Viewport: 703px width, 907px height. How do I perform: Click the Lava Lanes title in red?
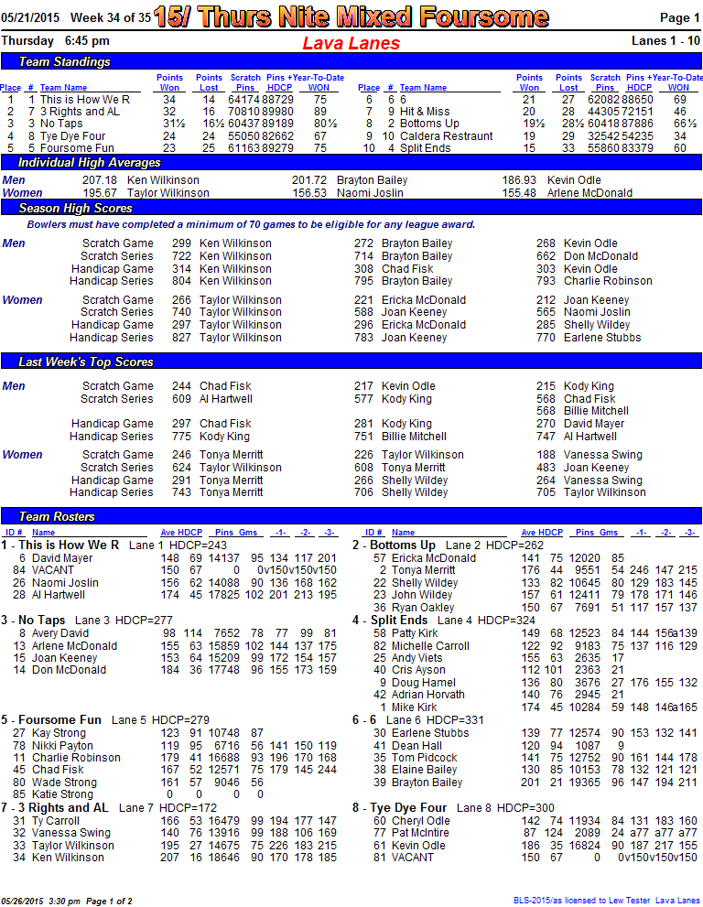pyautogui.click(x=351, y=43)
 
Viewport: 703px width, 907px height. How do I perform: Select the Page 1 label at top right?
pyautogui.click(x=680, y=17)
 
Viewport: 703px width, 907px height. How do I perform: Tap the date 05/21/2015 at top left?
pyautogui.click(x=30, y=17)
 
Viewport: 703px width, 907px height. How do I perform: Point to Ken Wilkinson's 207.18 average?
pyautogui.click(x=100, y=180)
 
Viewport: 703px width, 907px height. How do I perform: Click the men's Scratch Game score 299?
pyautogui.click(x=181, y=243)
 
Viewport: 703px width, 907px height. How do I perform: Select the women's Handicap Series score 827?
pyautogui.click(x=181, y=338)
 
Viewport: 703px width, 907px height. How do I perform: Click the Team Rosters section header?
pyautogui.click(x=57, y=516)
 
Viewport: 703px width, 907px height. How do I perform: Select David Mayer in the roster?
pyautogui.click(x=62, y=557)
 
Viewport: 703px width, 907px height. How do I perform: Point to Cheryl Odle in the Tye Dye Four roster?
pyautogui.click(x=421, y=821)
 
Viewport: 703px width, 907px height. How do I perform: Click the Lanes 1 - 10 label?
pyautogui.click(x=665, y=41)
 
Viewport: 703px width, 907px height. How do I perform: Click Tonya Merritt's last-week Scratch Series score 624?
pyautogui.click(x=181, y=468)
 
